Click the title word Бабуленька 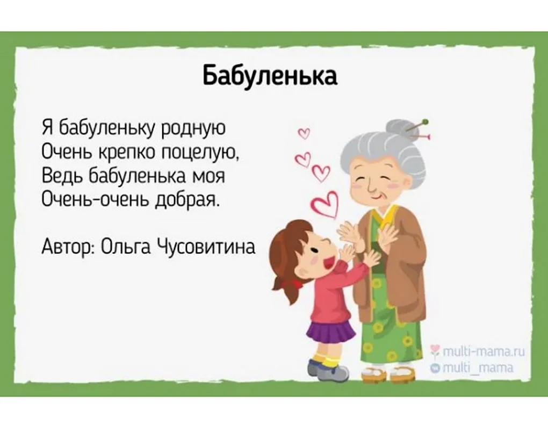click(270, 75)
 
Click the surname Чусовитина click(206, 246)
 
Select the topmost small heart click(304, 133)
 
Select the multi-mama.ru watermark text click(478, 352)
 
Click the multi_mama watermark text click(473, 367)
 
